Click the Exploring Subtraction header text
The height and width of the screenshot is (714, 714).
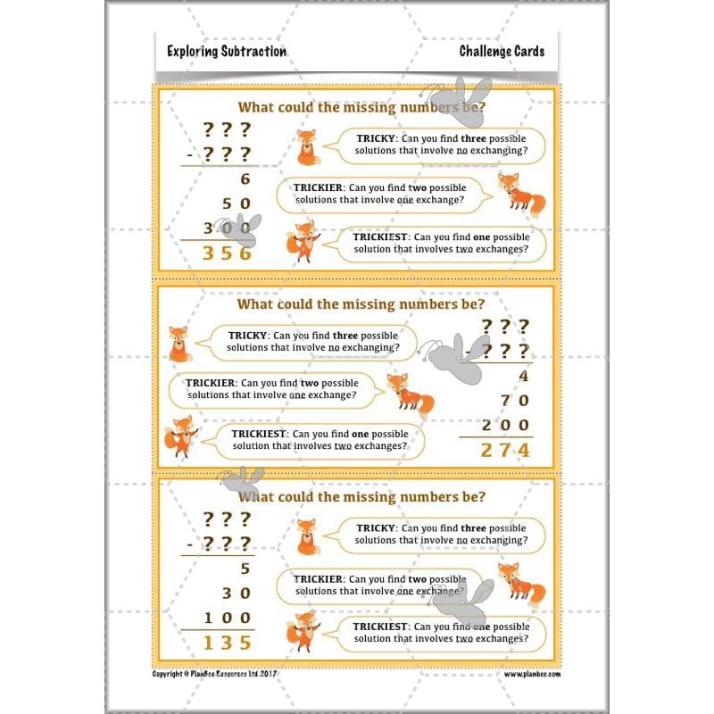227,52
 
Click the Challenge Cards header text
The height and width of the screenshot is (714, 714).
502,52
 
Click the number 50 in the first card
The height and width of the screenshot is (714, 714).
237,203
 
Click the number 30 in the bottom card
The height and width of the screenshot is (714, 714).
237,593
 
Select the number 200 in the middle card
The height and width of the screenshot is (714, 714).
505,426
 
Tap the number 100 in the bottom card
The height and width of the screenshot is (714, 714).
228,618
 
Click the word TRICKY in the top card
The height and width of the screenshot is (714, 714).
376,139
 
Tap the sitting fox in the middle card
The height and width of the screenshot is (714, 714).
179,344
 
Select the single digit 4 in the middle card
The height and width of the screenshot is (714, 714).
523,376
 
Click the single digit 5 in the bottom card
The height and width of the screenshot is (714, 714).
245,568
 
